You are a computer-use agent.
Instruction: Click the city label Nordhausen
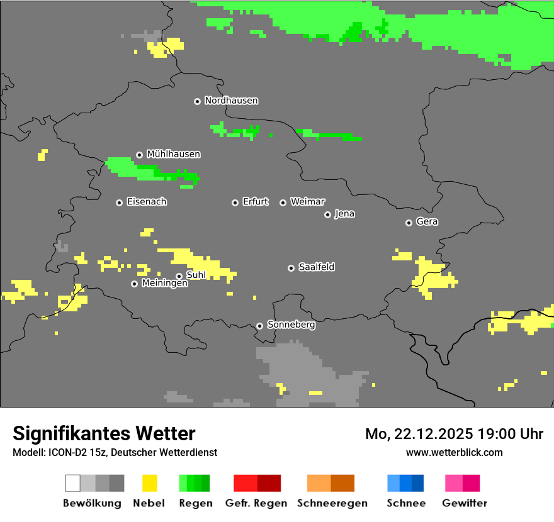tap(231, 101)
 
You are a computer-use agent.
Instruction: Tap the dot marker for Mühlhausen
tap(139, 155)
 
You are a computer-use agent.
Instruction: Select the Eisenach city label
tap(147, 202)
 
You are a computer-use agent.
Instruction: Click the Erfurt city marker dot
tap(235, 203)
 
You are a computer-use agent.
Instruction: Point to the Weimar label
tap(307, 202)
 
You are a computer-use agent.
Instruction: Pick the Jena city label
tap(344, 214)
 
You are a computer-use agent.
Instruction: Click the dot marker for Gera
tap(409, 223)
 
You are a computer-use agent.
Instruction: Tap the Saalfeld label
tap(316, 267)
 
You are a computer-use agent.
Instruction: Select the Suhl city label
tap(196, 275)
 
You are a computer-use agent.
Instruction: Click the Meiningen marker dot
tap(134, 284)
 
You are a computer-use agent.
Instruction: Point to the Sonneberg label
tap(291, 325)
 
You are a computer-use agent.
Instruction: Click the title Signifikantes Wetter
tap(104, 433)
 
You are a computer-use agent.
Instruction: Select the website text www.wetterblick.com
tap(454, 452)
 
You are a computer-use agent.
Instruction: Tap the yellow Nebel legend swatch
tap(149, 483)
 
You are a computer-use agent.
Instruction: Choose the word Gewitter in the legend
tap(464, 503)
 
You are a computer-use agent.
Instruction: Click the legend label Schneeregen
tap(332, 503)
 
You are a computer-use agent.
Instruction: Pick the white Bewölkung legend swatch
tap(73, 483)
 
